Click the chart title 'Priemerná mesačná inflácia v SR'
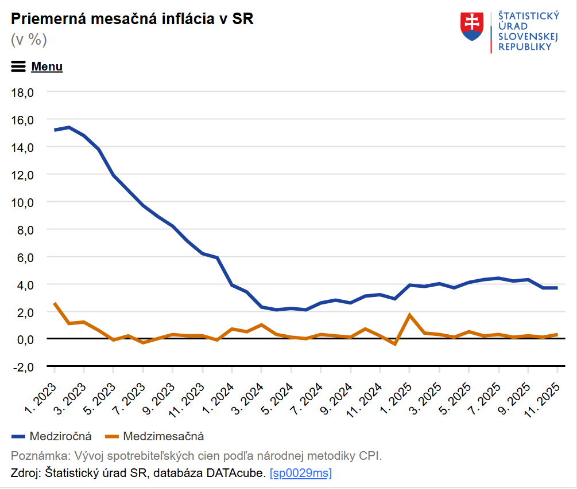[x=132, y=19]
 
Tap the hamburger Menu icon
[x=18, y=66]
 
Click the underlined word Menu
[x=47, y=66]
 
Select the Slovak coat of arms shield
[x=472, y=26]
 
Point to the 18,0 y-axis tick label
[x=24, y=92]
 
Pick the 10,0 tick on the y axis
[x=24, y=202]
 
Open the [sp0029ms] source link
[x=300, y=474]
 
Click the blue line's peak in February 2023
[x=69, y=127]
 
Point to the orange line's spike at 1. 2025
[x=409, y=315]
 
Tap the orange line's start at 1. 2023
[x=55, y=303]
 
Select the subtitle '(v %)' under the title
[x=29, y=40]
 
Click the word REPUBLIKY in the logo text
[x=525, y=47]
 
